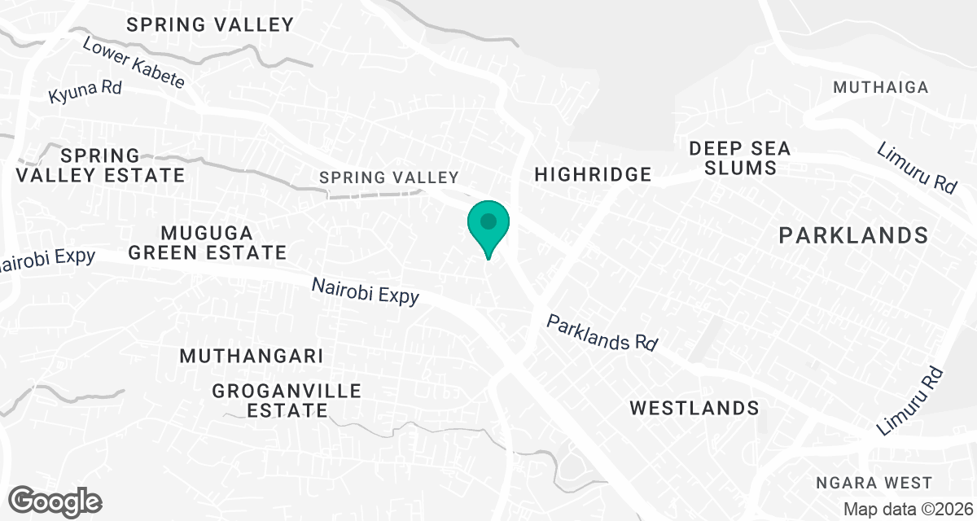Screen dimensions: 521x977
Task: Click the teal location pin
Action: [488, 225]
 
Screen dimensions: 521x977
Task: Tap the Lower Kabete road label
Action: [134, 63]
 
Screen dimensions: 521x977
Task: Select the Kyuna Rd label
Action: [85, 90]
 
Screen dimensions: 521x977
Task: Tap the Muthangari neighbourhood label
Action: [252, 357]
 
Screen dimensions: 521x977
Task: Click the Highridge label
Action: [593, 174]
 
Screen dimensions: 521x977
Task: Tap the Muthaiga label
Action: [881, 87]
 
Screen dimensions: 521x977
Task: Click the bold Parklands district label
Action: [853, 236]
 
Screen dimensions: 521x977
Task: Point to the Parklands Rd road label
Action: [602, 333]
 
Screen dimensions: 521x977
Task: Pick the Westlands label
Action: [694, 408]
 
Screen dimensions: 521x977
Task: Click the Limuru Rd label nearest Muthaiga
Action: [917, 167]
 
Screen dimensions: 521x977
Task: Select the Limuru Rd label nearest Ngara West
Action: [911, 402]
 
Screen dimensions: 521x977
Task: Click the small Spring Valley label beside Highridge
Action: [389, 177]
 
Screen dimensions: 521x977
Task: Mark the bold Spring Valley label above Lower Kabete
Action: [210, 24]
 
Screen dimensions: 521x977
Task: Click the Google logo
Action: [55, 500]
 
